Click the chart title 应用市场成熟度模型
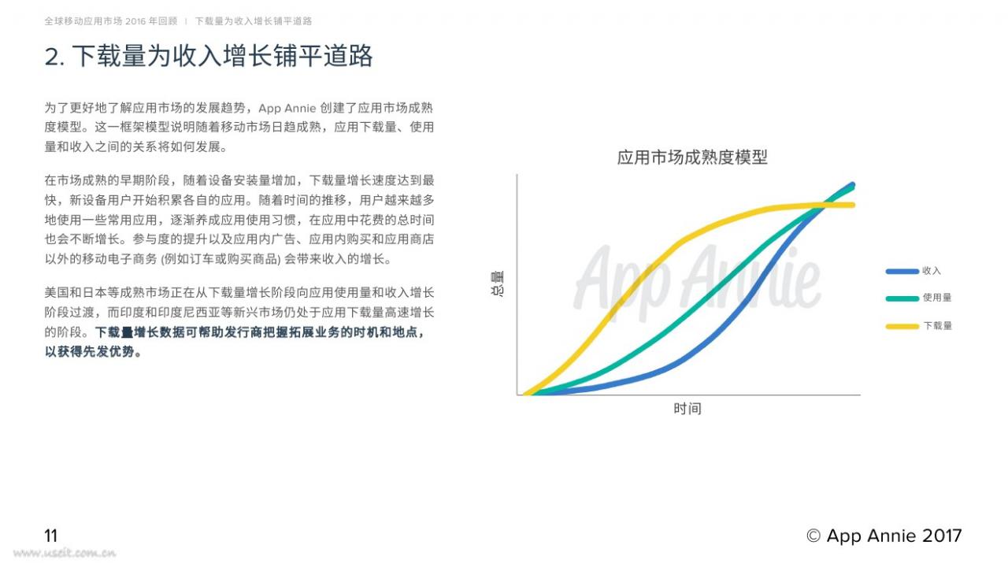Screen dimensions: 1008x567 [x=692, y=157]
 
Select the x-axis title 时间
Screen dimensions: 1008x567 [x=687, y=409]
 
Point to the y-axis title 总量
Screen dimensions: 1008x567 [x=497, y=283]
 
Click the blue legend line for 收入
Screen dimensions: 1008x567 [x=902, y=272]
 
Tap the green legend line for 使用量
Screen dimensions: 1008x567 [x=902, y=298]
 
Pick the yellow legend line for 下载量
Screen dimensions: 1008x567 [x=902, y=326]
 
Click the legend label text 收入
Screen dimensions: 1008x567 [x=932, y=270]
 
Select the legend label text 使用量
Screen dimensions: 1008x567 [x=937, y=298]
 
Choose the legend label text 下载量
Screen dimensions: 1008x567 [x=938, y=325]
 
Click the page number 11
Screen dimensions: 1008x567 [x=51, y=535]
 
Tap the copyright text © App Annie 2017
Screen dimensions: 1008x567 [x=884, y=535]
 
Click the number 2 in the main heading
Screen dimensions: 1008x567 [x=53, y=57]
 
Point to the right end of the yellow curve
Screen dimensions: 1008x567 [x=853, y=206]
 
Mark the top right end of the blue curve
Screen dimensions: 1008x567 [x=852, y=184]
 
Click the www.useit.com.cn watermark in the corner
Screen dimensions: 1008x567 [x=65, y=553]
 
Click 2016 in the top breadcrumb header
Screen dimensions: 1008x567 [x=135, y=21]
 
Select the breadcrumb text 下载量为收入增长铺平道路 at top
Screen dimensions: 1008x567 [x=254, y=21]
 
